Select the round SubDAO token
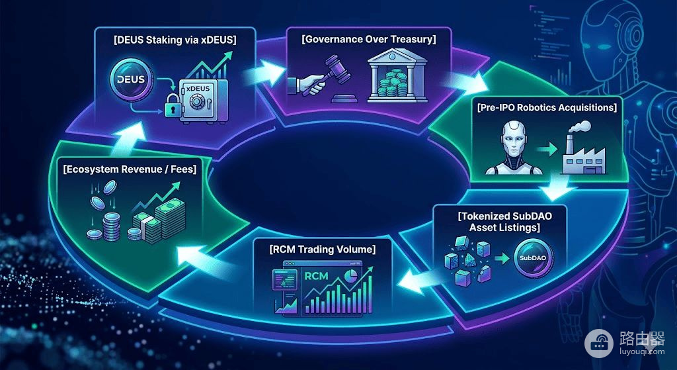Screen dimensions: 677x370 (x=534, y=259)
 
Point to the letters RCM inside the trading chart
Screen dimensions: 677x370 (x=317, y=276)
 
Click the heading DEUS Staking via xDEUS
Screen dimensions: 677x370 (x=174, y=41)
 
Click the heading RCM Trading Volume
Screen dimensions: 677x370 (x=321, y=250)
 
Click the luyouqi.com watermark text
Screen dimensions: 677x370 (x=641, y=351)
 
